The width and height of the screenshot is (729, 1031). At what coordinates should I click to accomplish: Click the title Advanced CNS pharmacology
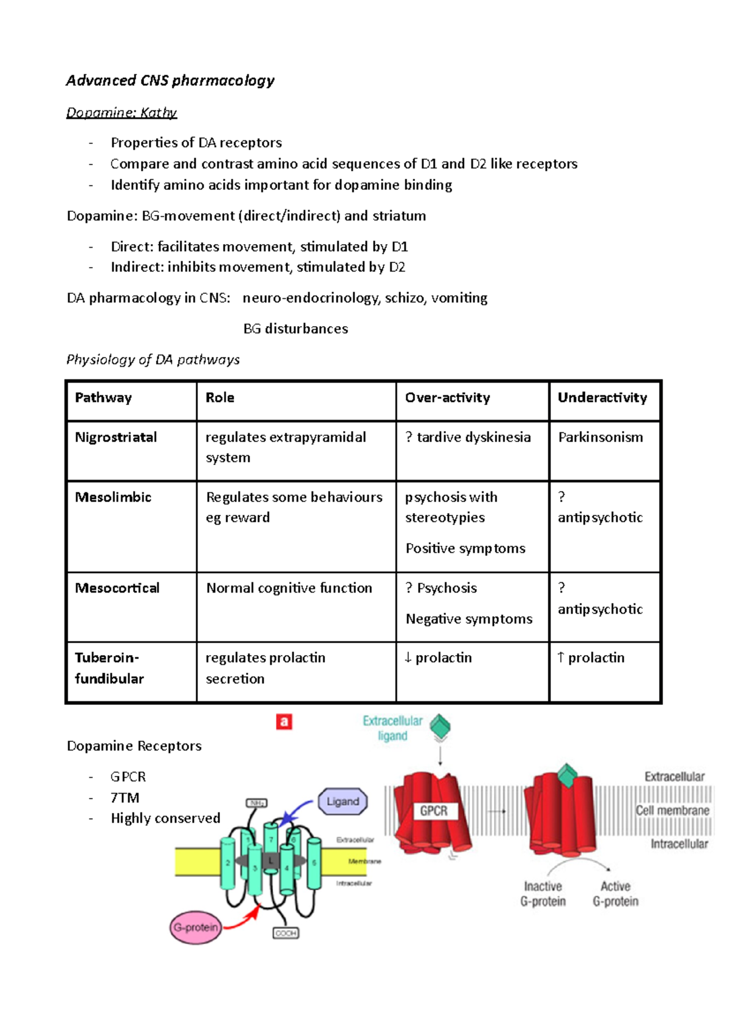(x=170, y=81)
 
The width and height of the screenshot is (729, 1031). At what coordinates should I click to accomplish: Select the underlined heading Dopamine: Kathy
(x=122, y=113)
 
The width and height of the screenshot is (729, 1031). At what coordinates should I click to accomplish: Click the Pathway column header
(x=103, y=398)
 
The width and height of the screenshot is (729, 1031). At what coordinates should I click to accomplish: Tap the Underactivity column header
(x=602, y=398)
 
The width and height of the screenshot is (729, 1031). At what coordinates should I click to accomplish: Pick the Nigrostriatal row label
(x=115, y=437)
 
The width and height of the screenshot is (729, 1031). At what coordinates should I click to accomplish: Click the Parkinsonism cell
(x=600, y=437)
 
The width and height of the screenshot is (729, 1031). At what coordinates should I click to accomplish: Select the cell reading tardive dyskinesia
(x=468, y=437)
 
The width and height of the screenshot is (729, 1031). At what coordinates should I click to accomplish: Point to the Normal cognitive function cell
(x=289, y=588)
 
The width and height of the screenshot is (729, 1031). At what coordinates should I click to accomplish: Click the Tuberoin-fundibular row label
(x=109, y=668)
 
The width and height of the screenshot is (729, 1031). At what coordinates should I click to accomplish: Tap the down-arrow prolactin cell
(x=438, y=658)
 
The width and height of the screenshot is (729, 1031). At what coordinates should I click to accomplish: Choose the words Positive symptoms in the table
(x=465, y=548)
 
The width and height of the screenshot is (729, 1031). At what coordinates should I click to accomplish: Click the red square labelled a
(x=284, y=721)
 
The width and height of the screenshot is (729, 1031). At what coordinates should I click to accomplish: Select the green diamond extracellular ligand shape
(x=440, y=726)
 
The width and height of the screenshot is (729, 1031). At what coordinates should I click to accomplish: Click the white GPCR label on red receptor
(x=434, y=811)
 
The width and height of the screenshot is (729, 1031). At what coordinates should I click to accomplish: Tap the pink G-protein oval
(x=196, y=927)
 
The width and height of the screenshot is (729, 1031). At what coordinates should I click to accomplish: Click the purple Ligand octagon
(x=343, y=801)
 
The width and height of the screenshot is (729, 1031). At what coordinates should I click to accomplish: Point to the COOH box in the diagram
(x=286, y=933)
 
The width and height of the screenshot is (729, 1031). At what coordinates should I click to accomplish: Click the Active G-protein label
(x=615, y=894)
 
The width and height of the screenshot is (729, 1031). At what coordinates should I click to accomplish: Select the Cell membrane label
(x=673, y=811)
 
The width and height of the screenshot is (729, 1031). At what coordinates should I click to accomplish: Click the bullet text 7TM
(x=125, y=797)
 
